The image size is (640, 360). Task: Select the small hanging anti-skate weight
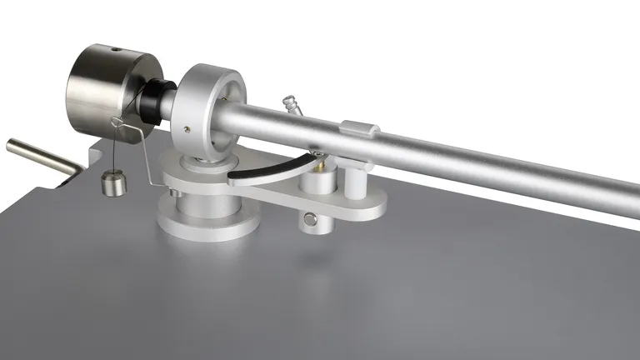109,184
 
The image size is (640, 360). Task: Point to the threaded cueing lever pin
292,107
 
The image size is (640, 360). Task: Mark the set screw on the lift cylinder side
311,220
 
